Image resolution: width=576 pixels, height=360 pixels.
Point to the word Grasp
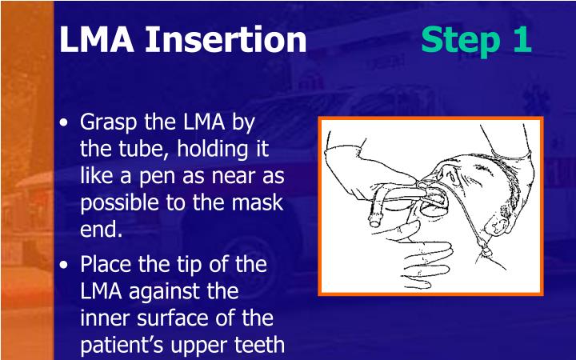tap(110, 123)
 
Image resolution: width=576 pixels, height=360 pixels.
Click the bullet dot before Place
tap(65, 265)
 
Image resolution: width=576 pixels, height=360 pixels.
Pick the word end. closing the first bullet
tap(102, 230)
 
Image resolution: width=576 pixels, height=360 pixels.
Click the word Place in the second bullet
tap(106, 264)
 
